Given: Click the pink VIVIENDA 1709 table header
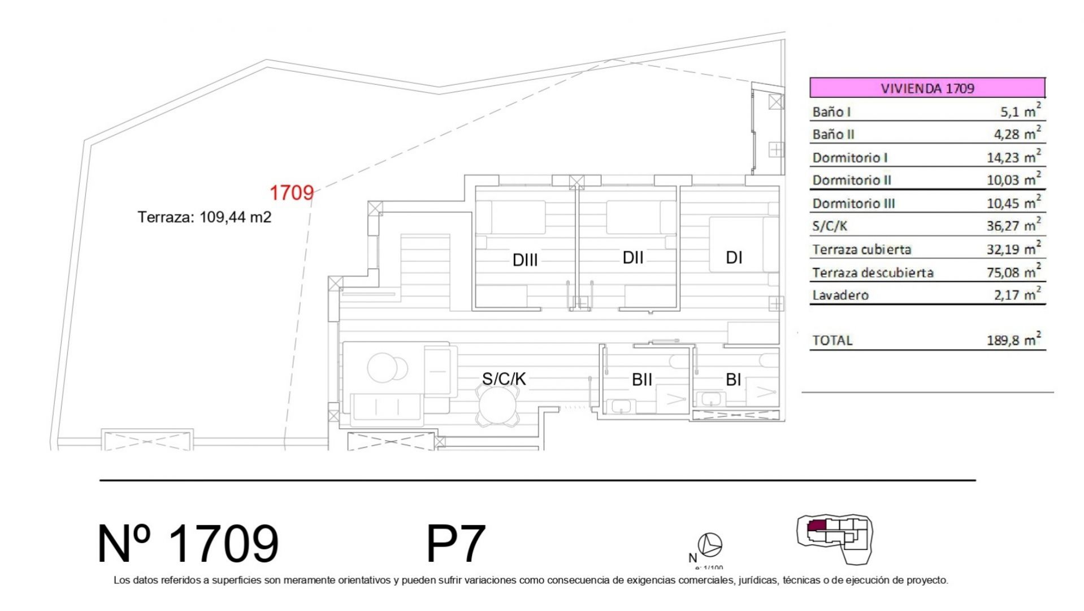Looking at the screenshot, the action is (x=927, y=88).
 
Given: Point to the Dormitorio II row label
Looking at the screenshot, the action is (x=852, y=180).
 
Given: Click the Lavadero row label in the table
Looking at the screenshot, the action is (x=840, y=295).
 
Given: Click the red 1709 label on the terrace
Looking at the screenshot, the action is (x=291, y=192).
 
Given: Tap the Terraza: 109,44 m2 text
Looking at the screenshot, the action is (x=205, y=217).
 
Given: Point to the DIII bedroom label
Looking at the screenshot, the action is (x=525, y=260).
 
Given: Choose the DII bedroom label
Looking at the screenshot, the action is (x=633, y=257).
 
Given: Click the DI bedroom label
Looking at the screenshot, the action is (x=734, y=257).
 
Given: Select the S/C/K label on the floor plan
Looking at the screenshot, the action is (x=504, y=378).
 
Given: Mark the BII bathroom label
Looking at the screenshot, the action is (x=642, y=380).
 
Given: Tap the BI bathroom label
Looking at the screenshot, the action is (x=733, y=380).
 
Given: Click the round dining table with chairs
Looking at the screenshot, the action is (x=497, y=407).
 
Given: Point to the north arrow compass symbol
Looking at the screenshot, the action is (x=710, y=545).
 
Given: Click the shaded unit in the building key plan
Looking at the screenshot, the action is (x=816, y=526).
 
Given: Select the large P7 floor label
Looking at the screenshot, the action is (x=456, y=543).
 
